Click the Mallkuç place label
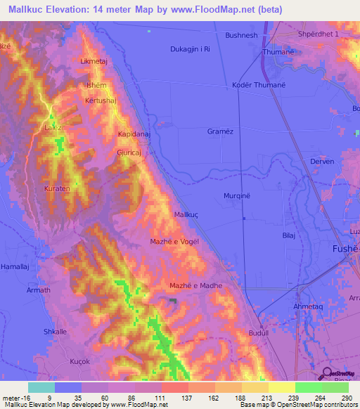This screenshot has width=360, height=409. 188,214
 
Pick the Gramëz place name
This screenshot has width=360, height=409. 220,131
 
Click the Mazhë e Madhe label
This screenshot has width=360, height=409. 196,285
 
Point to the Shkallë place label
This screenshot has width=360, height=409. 56,331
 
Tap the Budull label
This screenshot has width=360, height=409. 259,333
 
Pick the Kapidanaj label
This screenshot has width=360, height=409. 131,134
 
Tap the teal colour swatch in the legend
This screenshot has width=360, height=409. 41,387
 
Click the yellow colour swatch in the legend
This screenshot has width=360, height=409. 282,387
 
